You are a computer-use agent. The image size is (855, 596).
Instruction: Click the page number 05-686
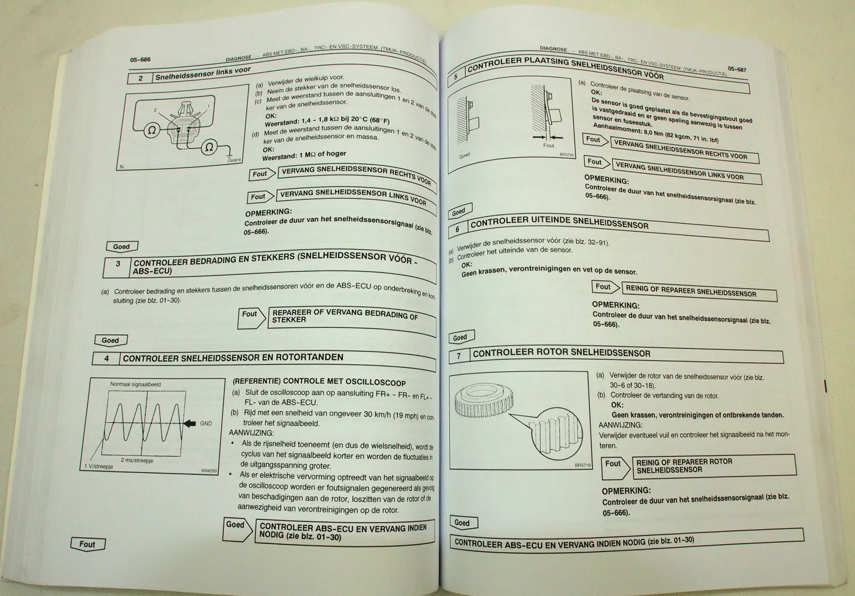click(x=140, y=60)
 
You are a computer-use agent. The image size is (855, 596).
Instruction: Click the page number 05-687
click(x=734, y=69)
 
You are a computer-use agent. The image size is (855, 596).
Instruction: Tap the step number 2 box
click(x=140, y=78)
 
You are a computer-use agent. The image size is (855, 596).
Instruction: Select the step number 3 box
click(x=118, y=264)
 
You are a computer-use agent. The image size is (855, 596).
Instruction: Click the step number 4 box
click(x=106, y=359)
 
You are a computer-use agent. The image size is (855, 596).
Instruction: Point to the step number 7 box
click(x=459, y=356)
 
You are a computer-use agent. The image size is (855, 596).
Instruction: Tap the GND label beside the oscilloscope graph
click(x=206, y=423)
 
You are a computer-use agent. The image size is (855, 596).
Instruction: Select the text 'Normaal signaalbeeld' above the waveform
click(x=136, y=384)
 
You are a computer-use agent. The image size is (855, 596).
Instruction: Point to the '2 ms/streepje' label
click(x=137, y=460)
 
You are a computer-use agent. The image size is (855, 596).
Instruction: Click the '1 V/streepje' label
click(x=99, y=467)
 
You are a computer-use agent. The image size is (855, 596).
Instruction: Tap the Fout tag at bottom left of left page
click(x=87, y=544)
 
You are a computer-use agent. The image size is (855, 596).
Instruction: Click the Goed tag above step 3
click(x=121, y=247)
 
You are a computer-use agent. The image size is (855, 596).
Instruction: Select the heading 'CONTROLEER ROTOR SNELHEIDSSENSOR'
click(x=561, y=354)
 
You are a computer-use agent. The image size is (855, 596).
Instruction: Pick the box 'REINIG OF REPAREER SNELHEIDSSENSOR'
click(x=691, y=293)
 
